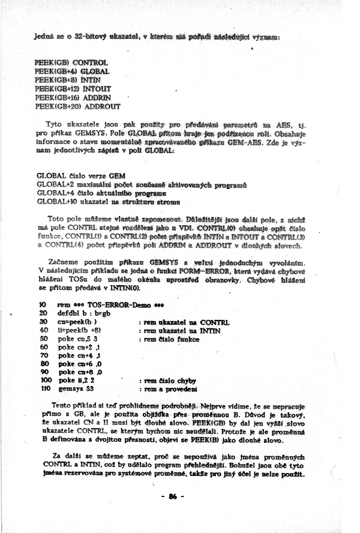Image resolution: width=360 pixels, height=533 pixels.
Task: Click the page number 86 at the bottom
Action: (175, 496)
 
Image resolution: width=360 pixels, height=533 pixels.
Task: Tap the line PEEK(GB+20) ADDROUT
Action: (78, 106)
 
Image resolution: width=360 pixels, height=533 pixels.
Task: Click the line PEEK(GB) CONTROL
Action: (71, 62)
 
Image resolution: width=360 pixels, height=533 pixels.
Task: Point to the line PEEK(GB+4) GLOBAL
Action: (71, 70)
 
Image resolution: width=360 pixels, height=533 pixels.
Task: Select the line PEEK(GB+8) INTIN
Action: (68, 79)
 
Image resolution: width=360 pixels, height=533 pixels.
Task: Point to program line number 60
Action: (43, 347)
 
